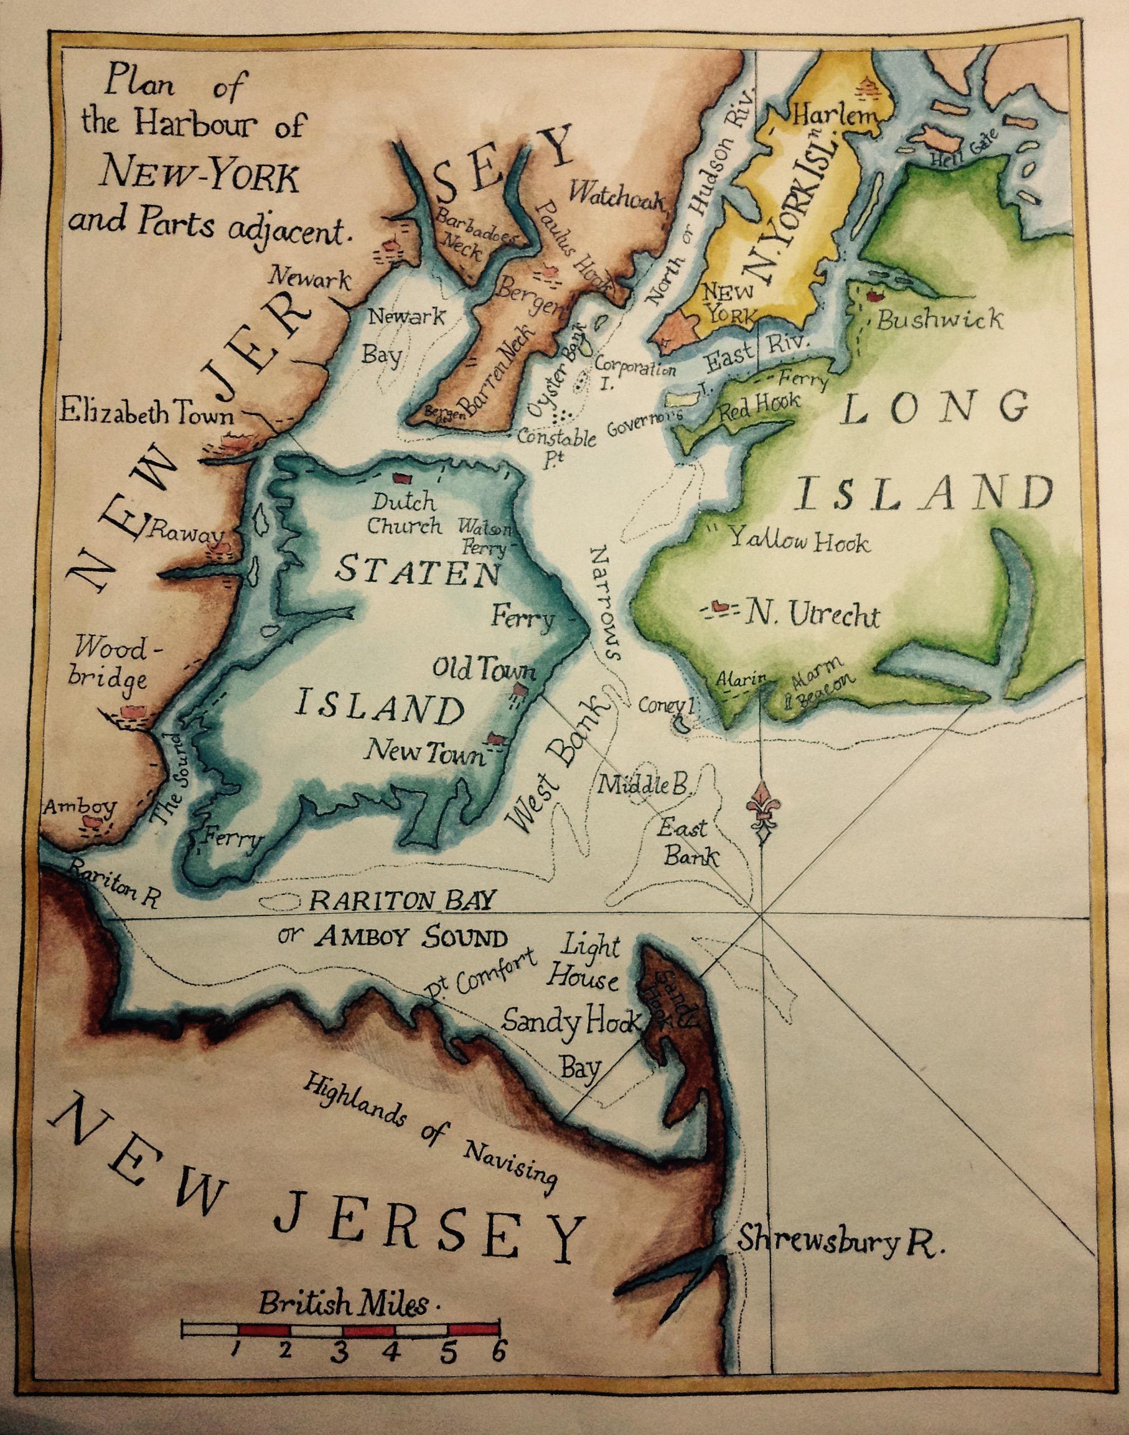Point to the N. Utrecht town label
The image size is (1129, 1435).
point(812,615)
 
